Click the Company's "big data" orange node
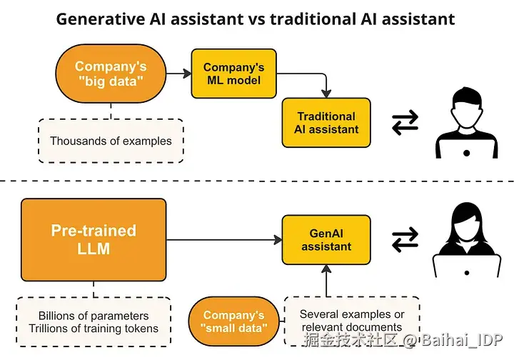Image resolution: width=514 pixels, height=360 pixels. pyautogui.click(x=111, y=74)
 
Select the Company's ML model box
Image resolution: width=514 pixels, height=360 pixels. pyautogui.click(x=233, y=74)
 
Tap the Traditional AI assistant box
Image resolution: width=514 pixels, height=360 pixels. pyautogui.click(x=326, y=123)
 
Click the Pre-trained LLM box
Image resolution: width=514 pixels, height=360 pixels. pyautogui.click(x=94, y=240)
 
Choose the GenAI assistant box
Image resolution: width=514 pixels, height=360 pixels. pyautogui.click(x=326, y=240)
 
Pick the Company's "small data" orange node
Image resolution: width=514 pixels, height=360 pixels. pyautogui.click(x=233, y=322)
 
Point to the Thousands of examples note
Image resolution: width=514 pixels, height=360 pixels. pyautogui.click(x=111, y=141)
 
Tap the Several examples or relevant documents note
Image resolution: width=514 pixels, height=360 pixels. pyautogui.click(x=351, y=321)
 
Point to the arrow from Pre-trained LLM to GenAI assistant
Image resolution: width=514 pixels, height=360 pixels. pyautogui.click(x=224, y=240)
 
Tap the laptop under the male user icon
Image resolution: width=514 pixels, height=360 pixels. pyautogui.click(x=465, y=149)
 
